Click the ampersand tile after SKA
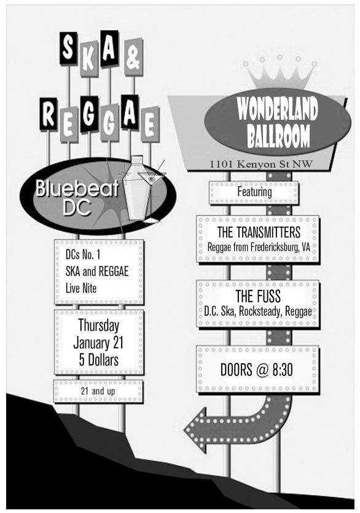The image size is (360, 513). coord(133,57)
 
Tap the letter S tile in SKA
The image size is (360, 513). coord(68,49)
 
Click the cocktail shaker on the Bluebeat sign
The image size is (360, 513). coord(137,188)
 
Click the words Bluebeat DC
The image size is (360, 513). coord(77,197)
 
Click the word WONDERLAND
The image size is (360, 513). coord(278,109)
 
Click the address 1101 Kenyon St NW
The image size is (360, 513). coord(261,164)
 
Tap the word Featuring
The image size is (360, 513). coord(254,192)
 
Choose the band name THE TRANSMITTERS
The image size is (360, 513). coord(259,232)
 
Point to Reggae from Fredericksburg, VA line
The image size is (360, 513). coord(259,247)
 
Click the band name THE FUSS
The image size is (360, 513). coord(258,296)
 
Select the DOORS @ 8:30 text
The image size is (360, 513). coord(257,370)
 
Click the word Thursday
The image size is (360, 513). coord(98,325)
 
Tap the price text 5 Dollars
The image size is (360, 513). coord(98,360)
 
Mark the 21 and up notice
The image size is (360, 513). coord(98,391)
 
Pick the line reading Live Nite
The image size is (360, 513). coord(81,289)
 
